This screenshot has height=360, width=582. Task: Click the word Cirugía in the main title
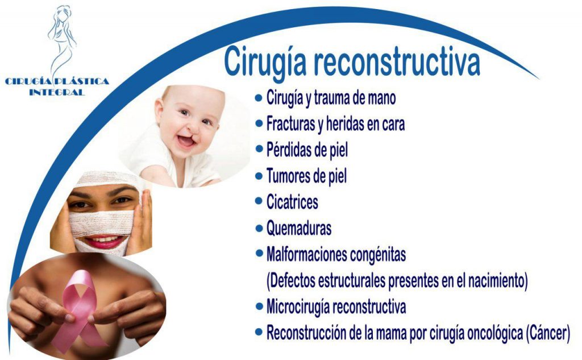265,62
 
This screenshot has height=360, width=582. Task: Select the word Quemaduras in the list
299,228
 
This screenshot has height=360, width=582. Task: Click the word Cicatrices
292,202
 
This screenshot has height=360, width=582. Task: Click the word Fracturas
290,124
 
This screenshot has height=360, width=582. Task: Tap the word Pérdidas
289,150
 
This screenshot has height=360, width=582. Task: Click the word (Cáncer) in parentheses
548,333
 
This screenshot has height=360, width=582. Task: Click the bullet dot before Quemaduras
259,228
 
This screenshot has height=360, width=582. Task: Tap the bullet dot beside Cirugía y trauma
259,98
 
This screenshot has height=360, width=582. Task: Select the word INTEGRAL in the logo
57,92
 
